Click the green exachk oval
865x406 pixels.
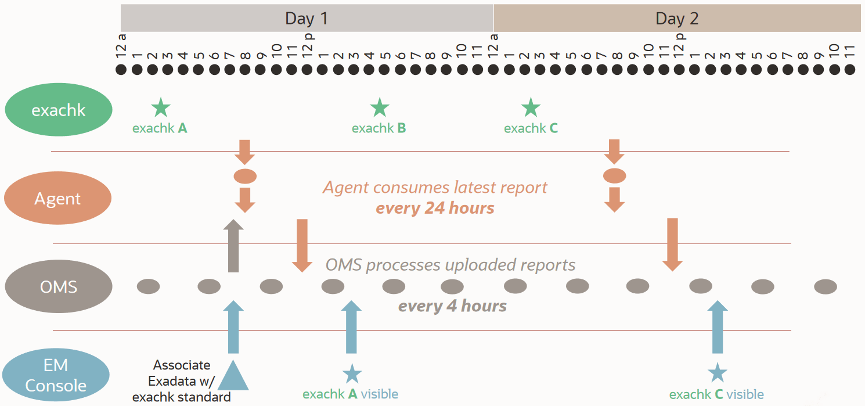[59, 110]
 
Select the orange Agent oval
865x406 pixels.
[57, 199]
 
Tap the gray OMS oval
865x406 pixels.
[59, 287]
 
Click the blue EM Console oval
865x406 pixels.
[56, 375]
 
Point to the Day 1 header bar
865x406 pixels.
[307, 18]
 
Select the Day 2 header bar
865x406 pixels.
[677, 18]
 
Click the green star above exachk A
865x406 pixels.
[161, 107]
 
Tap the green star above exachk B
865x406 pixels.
[379, 107]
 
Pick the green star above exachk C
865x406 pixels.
[531, 107]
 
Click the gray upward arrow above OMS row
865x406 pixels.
[233, 246]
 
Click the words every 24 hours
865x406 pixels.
[435, 208]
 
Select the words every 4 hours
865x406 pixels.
[452, 306]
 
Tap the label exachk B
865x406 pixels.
[379, 128]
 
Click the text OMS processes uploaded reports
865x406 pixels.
[450, 265]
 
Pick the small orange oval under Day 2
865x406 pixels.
[615, 175]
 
